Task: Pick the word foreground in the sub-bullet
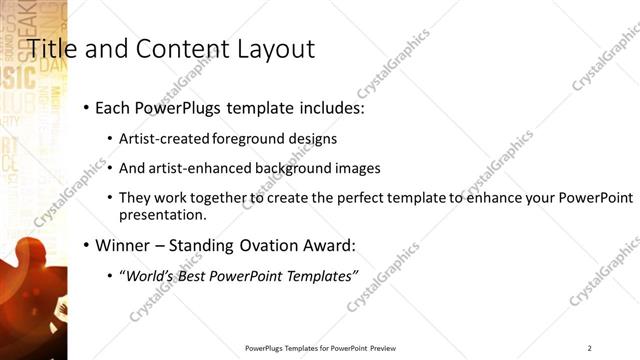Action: pyautogui.click(x=246, y=138)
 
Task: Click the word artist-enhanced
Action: pyautogui.click(x=191, y=168)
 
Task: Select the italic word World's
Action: pyautogui.click(x=148, y=274)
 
